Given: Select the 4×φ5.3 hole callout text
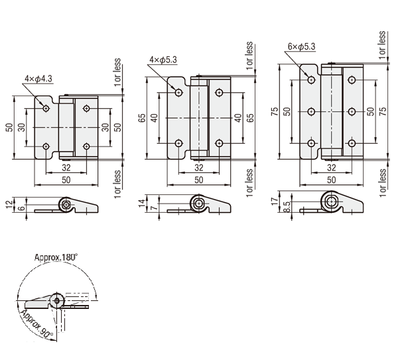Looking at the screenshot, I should (163, 60).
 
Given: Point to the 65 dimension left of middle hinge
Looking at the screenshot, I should (141, 118).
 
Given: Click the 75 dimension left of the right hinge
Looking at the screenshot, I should (274, 111).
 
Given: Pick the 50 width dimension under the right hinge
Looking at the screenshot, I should (331, 180).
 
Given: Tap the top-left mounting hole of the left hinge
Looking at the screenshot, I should (46, 107).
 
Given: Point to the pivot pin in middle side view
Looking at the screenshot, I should (198, 203).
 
